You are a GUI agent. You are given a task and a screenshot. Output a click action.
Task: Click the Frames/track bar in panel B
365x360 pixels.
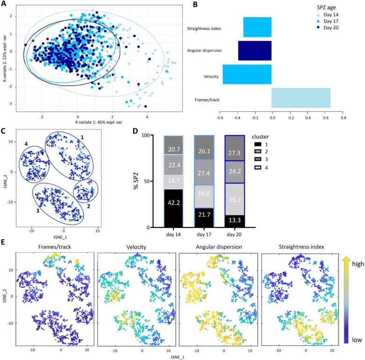pyautogui.click(x=301, y=101)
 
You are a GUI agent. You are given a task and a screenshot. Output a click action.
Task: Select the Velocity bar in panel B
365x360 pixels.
pyautogui.click(x=247, y=74)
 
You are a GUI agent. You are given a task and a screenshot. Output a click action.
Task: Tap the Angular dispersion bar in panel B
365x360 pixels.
pyautogui.click(x=255, y=50)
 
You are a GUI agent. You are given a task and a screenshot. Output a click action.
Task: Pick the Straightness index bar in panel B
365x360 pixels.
pyautogui.click(x=257, y=27)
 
